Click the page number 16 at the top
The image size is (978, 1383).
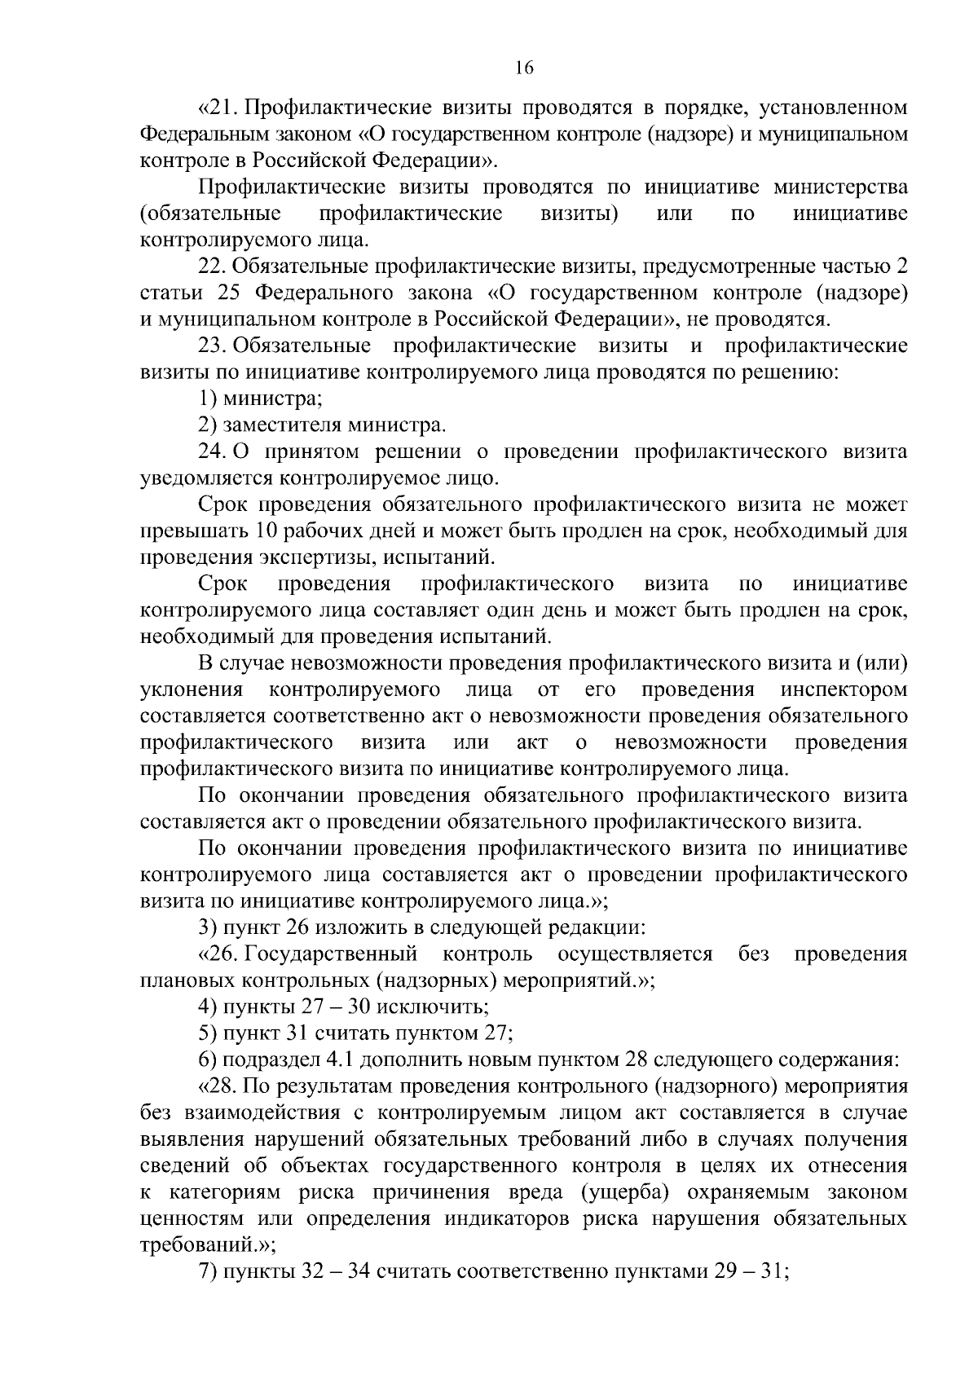click(x=524, y=69)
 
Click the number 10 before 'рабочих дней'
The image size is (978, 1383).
click(x=267, y=531)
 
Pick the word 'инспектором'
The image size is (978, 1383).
click(x=844, y=689)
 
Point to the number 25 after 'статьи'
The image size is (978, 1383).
click(x=231, y=293)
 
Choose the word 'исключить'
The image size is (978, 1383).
click(x=437, y=1006)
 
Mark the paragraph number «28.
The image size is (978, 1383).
click(x=218, y=1086)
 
